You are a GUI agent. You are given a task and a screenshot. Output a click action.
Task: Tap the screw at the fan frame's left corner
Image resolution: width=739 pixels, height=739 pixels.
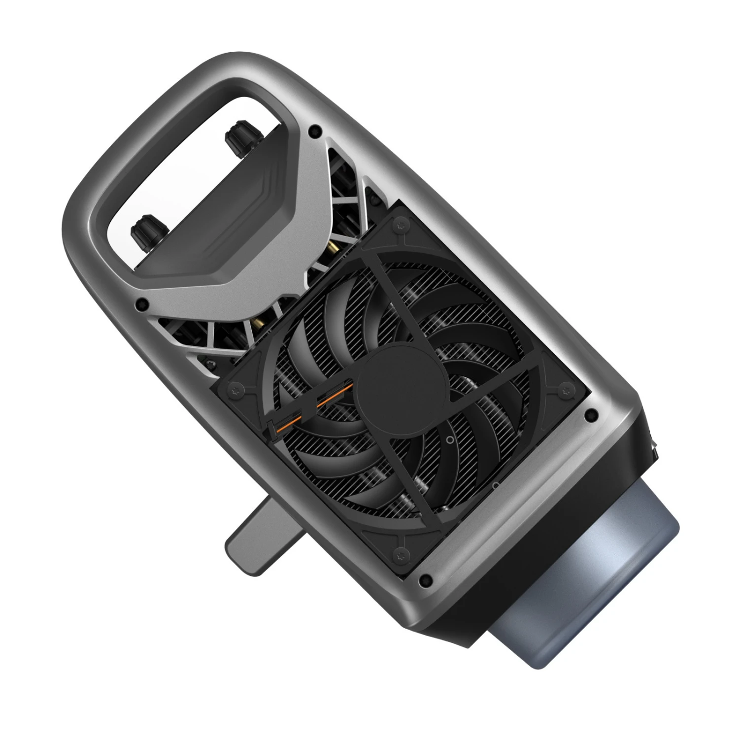click(232, 391)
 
